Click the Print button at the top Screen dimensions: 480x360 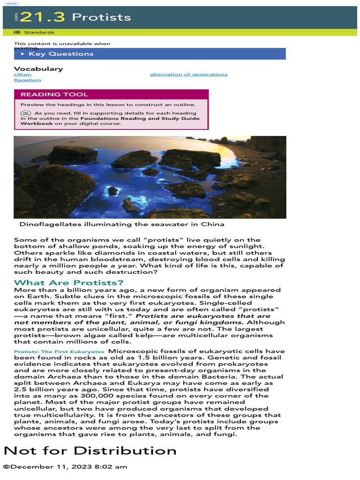tap(11, 3)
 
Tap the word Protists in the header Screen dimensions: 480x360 tap(101, 17)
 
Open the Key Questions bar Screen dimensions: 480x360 tap(61, 54)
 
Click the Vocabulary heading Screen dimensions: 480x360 tap(38, 69)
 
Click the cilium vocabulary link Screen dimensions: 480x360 tap(22, 75)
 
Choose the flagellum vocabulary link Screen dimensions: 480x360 tap(28, 80)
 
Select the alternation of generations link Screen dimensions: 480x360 tap(188, 75)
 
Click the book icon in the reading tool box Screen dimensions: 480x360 tap(26, 113)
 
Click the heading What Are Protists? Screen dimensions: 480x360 tap(69, 283)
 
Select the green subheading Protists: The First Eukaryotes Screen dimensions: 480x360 tap(59, 352)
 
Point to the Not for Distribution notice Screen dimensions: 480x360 tap(90, 451)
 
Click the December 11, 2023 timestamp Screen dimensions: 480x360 tap(65, 467)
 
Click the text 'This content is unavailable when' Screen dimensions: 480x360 tap(62, 44)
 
